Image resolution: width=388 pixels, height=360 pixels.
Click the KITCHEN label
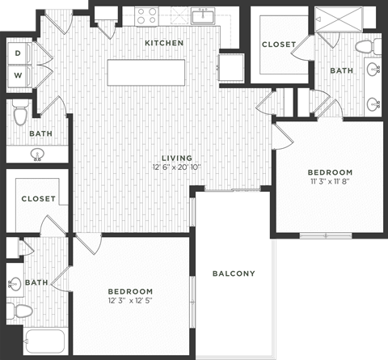(164, 43)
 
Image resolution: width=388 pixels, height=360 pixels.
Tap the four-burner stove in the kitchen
(147, 15)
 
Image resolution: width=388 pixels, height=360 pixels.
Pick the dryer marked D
(18, 53)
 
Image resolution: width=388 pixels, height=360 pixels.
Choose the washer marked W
(18, 77)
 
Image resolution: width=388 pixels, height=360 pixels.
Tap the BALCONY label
(234, 273)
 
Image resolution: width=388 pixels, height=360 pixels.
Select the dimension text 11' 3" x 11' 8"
(330, 183)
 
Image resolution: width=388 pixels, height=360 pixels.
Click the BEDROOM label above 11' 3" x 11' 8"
(330, 172)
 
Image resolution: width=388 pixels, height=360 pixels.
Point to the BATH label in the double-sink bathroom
(342, 71)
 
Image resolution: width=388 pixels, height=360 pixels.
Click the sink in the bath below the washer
(37, 153)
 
